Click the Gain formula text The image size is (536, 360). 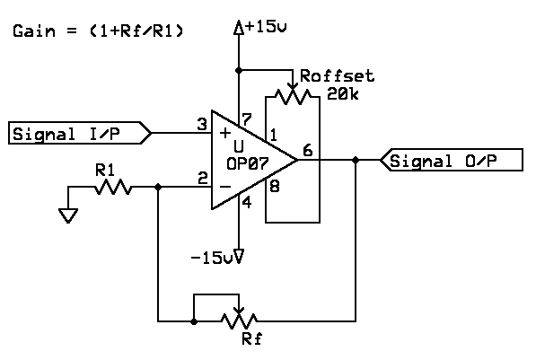click(x=98, y=31)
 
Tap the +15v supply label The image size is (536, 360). click(x=266, y=26)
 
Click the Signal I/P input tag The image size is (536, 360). click(x=80, y=133)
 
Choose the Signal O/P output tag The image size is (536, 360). click(x=452, y=160)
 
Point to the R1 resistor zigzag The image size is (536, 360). click(x=113, y=187)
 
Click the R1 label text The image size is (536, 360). click(x=105, y=170)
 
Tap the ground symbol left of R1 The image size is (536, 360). click(x=68, y=215)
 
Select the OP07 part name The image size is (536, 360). click(x=248, y=163)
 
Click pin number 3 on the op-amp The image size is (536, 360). click(x=202, y=125)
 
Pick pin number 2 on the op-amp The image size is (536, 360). click(x=203, y=179)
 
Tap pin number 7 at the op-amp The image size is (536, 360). click(x=247, y=119)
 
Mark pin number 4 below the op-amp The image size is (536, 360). click(x=247, y=202)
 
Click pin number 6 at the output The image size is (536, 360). click(x=308, y=150)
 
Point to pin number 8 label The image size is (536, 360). click(x=275, y=187)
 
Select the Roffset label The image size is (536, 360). click(x=337, y=76)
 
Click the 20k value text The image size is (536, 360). click(x=343, y=93)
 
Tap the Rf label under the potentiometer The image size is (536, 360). click(x=252, y=338)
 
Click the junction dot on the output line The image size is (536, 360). click(x=356, y=160)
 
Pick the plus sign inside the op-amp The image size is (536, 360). click(x=225, y=133)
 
